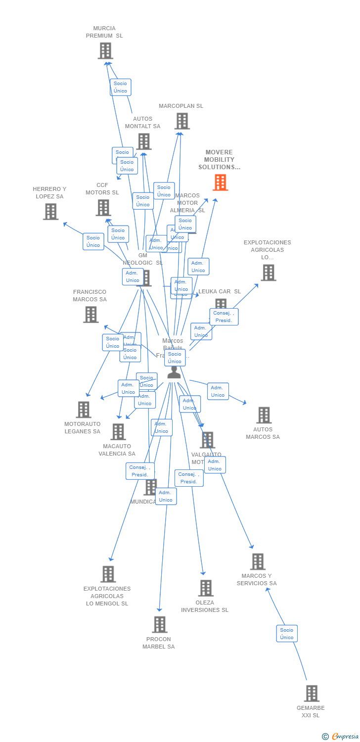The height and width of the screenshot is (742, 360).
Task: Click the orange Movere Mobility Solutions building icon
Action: tap(221, 183)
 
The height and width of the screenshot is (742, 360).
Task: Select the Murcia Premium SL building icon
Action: tap(105, 51)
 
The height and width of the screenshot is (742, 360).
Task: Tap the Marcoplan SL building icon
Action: tap(182, 121)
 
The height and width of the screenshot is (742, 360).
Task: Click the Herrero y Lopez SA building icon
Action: tap(50, 212)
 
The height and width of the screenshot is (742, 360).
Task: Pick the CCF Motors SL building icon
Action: tap(103, 208)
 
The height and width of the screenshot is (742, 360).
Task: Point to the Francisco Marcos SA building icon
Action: tap(91, 315)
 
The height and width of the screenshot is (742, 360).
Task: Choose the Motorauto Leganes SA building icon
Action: tap(84, 410)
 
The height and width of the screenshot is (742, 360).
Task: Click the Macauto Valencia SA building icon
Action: tap(118, 432)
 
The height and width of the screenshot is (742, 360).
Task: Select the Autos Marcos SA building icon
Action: tap(264, 416)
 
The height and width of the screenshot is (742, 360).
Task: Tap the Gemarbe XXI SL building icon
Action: tap(312, 694)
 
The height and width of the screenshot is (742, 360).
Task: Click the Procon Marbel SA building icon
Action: tap(159, 625)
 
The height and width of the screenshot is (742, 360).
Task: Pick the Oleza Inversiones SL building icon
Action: tap(206, 588)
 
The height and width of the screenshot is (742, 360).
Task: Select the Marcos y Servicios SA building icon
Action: tap(257, 562)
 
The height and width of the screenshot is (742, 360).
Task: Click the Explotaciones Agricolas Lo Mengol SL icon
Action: tap(108, 574)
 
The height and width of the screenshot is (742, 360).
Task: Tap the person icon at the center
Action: tap(174, 372)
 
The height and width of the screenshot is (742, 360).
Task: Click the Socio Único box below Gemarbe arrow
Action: tap(287, 634)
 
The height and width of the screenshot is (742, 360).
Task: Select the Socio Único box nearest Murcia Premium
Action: tap(120, 87)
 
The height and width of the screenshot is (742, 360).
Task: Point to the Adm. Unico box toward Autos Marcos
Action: tap(218, 391)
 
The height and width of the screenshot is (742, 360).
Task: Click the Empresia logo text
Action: tap(345, 737)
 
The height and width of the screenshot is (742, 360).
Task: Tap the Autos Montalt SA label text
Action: tap(142, 123)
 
